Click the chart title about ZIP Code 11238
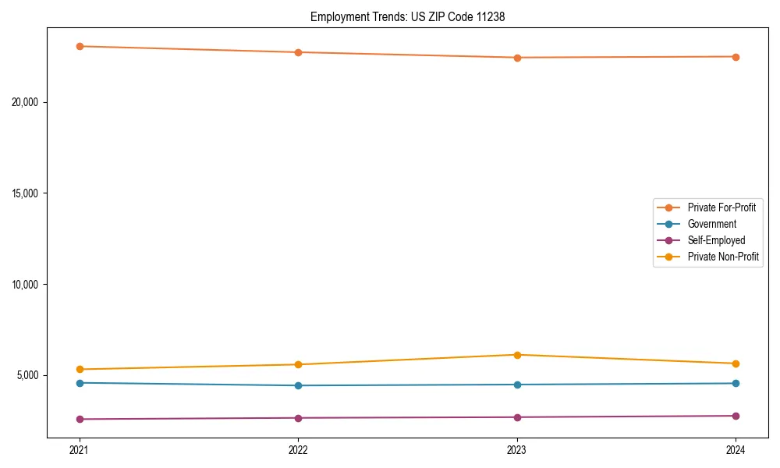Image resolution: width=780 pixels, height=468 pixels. [407, 16]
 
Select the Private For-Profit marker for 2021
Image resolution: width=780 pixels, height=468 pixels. [80, 46]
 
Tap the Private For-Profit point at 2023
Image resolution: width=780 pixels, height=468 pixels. [517, 58]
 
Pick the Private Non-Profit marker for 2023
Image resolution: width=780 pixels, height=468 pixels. [517, 355]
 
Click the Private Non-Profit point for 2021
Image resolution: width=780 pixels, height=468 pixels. [80, 369]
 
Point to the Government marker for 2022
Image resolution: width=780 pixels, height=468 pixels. [298, 385]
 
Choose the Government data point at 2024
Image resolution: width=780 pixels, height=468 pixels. [736, 383]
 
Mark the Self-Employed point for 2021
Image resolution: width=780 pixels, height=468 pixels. [80, 419]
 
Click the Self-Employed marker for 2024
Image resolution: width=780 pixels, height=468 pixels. [736, 416]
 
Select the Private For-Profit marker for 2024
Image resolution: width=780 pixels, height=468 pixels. [736, 57]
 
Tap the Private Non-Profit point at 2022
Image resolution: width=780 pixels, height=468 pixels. [298, 364]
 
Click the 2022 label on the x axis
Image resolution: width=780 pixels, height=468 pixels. [298, 449]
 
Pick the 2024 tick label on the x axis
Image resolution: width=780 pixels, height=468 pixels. [736, 449]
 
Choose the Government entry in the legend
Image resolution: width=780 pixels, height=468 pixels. [711, 224]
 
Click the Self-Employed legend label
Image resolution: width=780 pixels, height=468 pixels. [716, 240]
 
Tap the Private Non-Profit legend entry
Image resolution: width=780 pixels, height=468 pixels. [723, 257]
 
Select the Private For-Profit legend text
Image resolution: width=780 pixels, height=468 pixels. [721, 207]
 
